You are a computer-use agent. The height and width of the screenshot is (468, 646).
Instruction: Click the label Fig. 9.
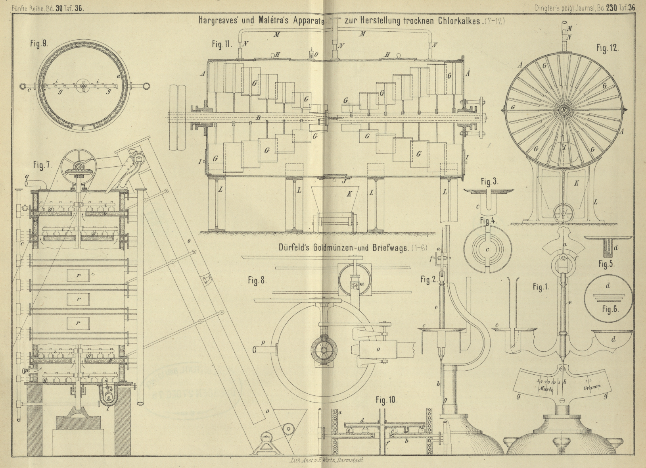click(x=39, y=44)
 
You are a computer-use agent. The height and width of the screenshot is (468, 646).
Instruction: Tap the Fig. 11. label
click(x=222, y=44)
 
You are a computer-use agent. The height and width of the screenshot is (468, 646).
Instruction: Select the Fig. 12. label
click(x=607, y=48)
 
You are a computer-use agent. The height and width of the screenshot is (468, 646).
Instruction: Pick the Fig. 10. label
click(x=386, y=400)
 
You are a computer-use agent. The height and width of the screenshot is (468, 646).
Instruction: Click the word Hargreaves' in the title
click(x=219, y=20)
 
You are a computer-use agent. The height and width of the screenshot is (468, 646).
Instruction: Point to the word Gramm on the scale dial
click(x=592, y=387)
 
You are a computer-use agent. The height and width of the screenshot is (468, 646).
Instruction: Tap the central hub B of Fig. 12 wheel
click(x=564, y=110)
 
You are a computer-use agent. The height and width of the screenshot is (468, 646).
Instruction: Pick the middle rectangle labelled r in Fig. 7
click(x=78, y=299)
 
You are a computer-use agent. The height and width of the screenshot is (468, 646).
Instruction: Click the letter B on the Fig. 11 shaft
click(x=258, y=117)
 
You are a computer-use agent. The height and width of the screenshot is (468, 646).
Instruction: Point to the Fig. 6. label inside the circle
click(x=610, y=309)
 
